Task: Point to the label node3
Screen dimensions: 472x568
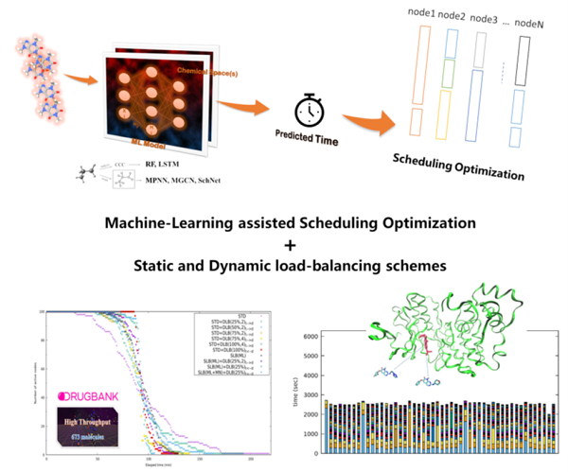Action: click(x=483, y=18)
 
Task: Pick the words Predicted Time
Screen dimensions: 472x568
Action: click(x=308, y=136)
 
